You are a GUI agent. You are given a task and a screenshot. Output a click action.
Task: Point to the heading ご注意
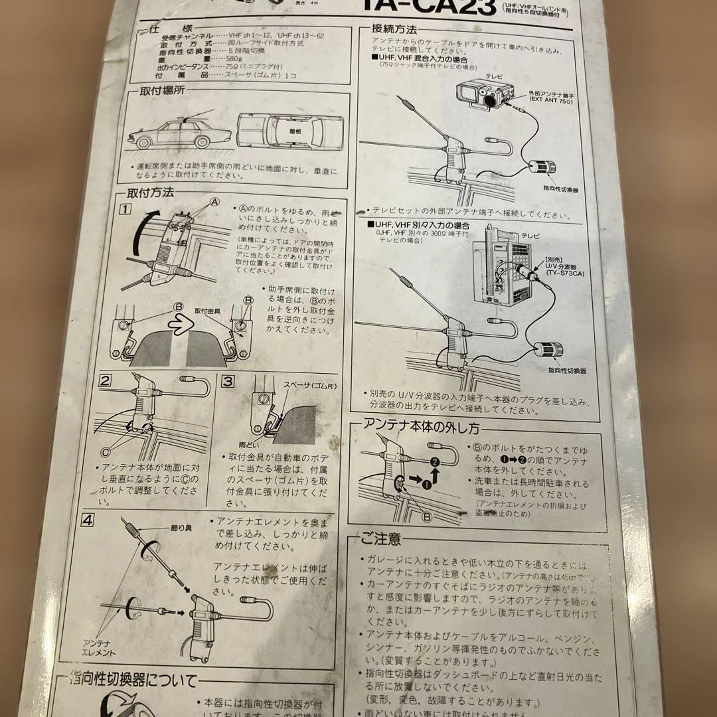pyautogui.click(x=382, y=538)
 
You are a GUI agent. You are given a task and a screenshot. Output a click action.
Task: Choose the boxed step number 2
pyautogui.click(x=105, y=380)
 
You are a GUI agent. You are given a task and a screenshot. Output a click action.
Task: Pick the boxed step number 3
pyautogui.click(x=227, y=382)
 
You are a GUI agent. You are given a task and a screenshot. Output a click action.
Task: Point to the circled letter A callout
pyautogui.click(x=214, y=201)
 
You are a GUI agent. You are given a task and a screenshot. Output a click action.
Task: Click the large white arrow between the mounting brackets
pyautogui.click(x=179, y=326)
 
